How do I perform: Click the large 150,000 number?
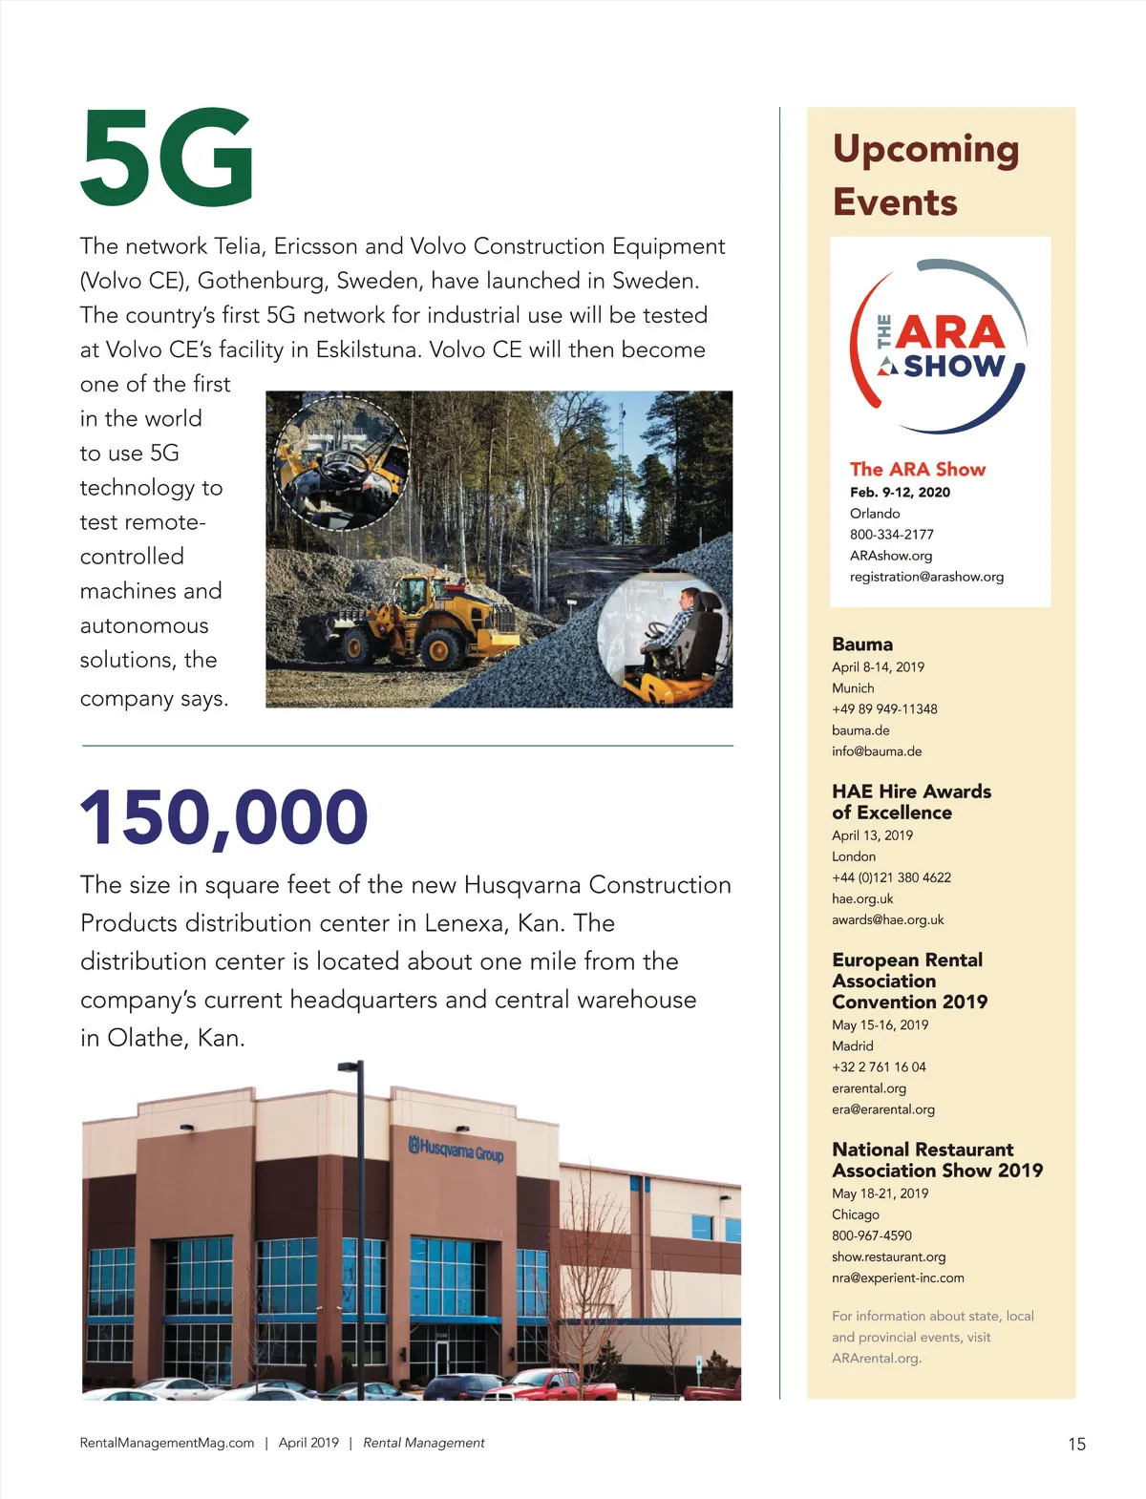[x=223, y=817]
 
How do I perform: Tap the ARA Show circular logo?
[x=938, y=348]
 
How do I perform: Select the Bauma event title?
[x=862, y=644]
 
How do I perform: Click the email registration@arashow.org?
[x=926, y=577]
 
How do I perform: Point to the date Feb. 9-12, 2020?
[x=900, y=493]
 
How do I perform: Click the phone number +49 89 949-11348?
[x=884, y=709]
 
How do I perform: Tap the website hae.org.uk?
[x=862, y=898]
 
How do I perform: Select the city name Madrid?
[x=853, y=1046]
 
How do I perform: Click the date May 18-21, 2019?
[x=880, y=1193]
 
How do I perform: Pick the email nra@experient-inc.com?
[x=898, y=1278]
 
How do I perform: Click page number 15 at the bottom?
[x=1076, y=1445]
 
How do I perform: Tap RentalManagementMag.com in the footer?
[x=167, y=1443]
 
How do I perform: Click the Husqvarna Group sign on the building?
[x=456, y=1150]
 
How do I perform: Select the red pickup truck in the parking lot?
[x=554, y=1384]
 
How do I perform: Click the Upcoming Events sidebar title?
[x=924, y=175]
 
